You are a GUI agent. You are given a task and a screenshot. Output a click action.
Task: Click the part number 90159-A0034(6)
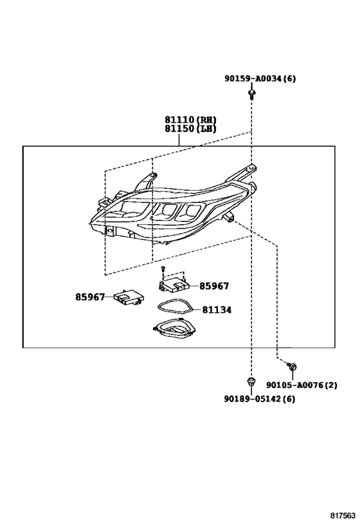(x=260, y=78)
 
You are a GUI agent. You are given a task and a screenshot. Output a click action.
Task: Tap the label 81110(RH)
(x=190, y=119)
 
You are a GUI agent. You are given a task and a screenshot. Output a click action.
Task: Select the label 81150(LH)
(x=190, y=128)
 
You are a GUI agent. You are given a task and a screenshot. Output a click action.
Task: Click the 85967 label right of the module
(x=214, y=286)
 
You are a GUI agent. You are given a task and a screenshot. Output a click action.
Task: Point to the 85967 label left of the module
(x=90, y=297)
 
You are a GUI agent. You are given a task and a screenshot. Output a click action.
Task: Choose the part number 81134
(x=217, y=310)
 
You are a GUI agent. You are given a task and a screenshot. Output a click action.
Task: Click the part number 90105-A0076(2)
(x=301, y=385)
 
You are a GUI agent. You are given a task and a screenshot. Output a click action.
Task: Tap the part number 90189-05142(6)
(x=260, y=399)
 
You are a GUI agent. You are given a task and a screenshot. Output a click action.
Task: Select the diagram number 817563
(x=342, y=515)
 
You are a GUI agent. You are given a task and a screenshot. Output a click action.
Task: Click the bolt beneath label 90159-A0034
(x=251, y=94)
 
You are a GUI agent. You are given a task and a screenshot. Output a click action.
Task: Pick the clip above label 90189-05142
(x=251, y=381)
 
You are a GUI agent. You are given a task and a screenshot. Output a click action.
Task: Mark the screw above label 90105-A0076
(x=292, y=366)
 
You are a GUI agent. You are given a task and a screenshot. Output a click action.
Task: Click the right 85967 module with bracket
(x=174, y=283)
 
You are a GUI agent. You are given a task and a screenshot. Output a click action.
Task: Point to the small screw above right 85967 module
(x=163, y=268)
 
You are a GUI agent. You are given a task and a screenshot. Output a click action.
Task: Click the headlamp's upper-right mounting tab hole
(x=251, y=167)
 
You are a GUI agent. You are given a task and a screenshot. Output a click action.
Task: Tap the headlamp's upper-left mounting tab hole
(x=153, y=175)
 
